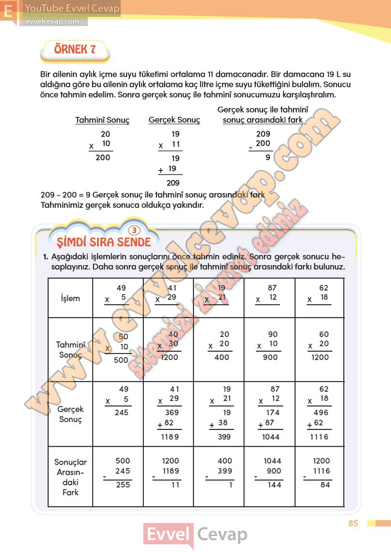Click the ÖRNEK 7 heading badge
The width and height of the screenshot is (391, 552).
coord(75,50)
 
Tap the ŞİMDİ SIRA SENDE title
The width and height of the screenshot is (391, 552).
coord(100,241)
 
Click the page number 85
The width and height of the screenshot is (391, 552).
coord(353,524)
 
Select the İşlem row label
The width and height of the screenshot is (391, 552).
coord(70,298)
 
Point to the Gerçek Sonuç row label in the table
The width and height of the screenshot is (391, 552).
coord(70,414)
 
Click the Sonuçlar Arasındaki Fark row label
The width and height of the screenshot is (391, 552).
coord(70,477)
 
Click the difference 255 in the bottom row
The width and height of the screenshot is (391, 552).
coord(123,484)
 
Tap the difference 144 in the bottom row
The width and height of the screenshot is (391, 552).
coord(274,484)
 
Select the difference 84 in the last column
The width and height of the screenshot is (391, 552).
coord(325,484)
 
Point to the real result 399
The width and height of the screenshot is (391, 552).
coord(224,437)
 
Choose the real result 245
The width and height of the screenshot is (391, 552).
coord(121,412)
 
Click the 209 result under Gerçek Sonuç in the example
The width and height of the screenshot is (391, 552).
coord(173,183)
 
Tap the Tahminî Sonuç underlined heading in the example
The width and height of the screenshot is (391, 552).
coord(102,120)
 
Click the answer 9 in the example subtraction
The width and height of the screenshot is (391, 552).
coord(268,157)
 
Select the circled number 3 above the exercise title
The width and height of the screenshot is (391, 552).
coord(136,230)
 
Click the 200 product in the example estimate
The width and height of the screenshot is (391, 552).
coord(103,157)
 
